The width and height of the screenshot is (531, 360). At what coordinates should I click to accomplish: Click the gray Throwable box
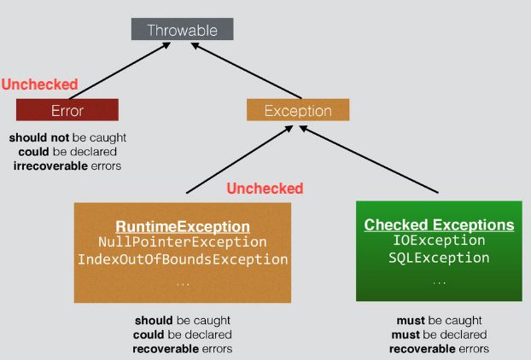coord(182,30)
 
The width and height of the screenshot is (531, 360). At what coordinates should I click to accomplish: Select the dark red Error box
coord(67,110)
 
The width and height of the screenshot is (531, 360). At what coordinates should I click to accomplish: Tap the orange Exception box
coord(286,110)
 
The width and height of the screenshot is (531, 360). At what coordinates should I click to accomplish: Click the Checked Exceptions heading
coord(439,224)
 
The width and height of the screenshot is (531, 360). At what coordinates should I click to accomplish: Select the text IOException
coord(439,241)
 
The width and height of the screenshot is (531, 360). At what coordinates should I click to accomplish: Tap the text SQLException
coord(439,257)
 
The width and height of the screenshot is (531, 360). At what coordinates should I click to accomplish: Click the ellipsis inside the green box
coord(439,281)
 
